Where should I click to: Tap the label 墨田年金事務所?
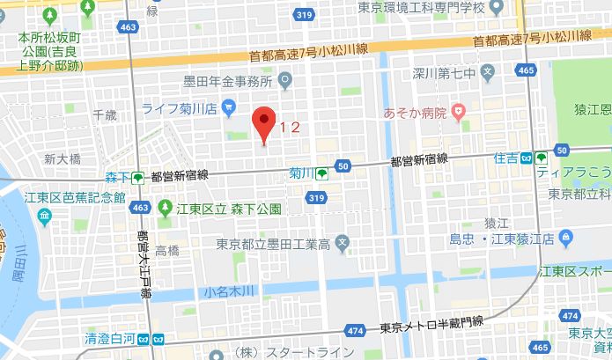(x=225, y=82)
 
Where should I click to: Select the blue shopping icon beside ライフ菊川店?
(x=229, y=108)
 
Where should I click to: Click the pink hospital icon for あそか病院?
(x=458, y=111)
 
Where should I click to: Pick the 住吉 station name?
(x=505, y=158)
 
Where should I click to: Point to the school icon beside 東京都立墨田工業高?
(x=344, y=242)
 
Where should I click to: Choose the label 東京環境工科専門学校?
(x=419, y=7)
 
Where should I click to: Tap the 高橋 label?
(x=167, y=251)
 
